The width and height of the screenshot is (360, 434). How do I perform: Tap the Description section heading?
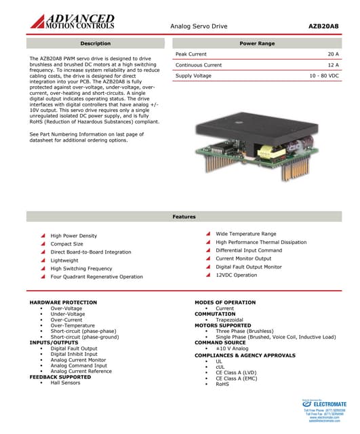95,43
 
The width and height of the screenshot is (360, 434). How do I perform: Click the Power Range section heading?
257,43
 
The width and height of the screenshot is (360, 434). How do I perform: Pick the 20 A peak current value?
333,54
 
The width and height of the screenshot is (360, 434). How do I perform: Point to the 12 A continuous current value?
333,65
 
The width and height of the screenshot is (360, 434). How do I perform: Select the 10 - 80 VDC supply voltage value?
325,76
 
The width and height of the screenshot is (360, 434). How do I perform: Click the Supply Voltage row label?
193,76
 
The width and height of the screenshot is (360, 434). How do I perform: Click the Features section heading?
184,216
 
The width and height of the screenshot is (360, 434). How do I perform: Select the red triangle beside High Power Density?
43,236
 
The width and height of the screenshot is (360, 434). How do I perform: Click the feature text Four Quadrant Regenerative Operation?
96,277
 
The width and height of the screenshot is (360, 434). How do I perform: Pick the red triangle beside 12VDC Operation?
208,275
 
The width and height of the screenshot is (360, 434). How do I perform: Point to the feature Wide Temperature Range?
245,234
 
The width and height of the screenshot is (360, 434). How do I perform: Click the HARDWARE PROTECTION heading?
63,302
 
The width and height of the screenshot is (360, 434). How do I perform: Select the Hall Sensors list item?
65,383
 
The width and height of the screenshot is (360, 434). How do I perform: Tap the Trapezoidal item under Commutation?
229,319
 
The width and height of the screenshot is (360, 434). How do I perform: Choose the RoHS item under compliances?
222,384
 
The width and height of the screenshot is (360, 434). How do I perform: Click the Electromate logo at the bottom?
323,405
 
